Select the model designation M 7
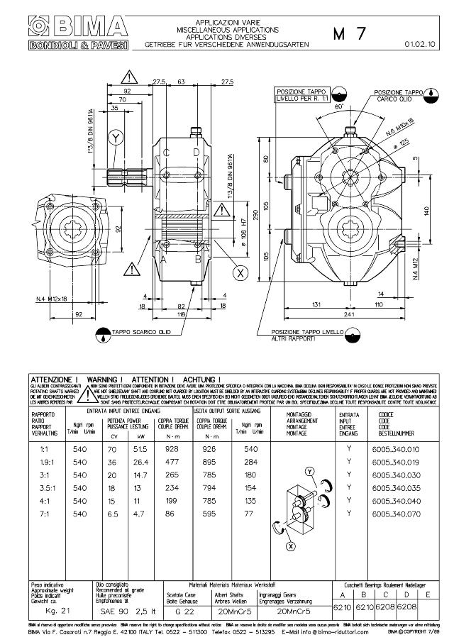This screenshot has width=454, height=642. coord(348,35)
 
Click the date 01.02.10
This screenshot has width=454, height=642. coord(420,45)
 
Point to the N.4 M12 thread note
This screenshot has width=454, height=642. coord(416,272)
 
